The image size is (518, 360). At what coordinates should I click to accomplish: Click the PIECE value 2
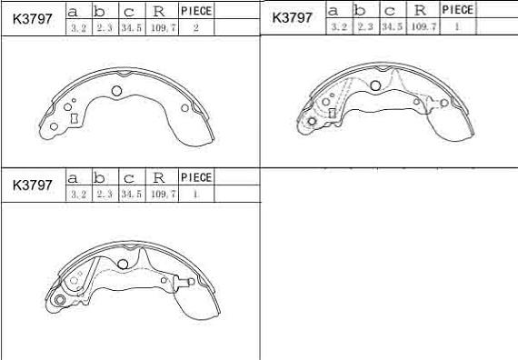pos(196,28)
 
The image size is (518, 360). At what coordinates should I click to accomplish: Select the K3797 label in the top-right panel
pos(292,17)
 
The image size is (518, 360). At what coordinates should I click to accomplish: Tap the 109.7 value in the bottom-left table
pos(164,194)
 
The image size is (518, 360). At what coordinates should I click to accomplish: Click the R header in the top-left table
pos(159,12)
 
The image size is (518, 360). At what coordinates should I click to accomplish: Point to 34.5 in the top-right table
pos(392,26)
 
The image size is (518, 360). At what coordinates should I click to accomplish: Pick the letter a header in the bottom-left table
pos(73,179)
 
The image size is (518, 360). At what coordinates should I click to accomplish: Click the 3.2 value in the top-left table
pos(79,28)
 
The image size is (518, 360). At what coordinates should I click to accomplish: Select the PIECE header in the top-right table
pos(457,10)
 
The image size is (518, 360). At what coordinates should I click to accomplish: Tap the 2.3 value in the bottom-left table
pos(105,194)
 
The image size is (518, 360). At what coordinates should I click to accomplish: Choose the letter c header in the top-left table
pos(129,13)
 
